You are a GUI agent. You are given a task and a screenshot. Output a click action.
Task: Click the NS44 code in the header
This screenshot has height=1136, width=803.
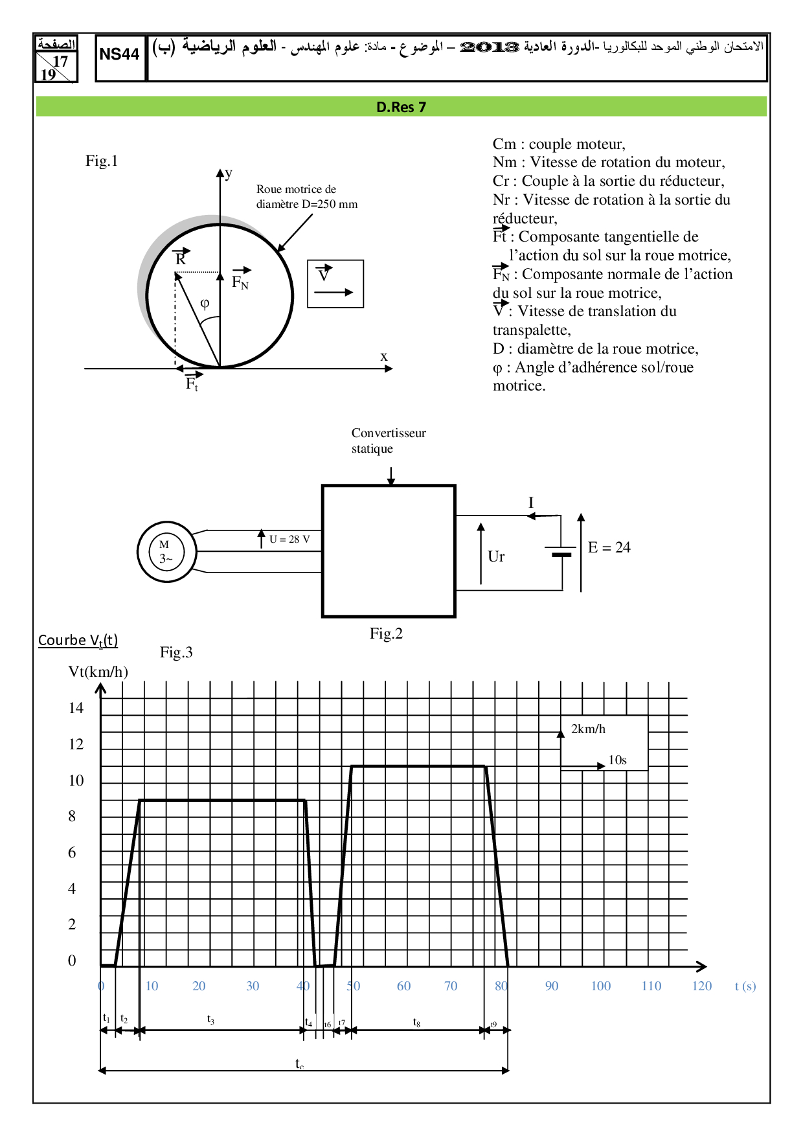click(119, 54)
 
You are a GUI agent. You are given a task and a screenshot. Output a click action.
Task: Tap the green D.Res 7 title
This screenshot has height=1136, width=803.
click(401, 107)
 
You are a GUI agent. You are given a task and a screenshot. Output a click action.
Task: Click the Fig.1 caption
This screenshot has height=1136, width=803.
click(102, 161)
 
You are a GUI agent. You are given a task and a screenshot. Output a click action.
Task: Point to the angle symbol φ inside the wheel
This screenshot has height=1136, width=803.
click(205, 303)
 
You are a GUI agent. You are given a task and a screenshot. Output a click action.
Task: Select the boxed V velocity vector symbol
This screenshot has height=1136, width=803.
click(324, 274)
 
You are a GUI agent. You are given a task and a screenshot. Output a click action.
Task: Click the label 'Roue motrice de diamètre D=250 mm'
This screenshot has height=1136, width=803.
click(306, 196)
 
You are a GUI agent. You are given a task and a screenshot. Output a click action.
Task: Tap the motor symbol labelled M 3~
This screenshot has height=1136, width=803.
click(166, 552)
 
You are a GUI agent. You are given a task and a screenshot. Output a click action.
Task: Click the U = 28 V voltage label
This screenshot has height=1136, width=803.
click(289, 539)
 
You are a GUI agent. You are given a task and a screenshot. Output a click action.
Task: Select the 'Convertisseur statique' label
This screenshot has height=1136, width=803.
click(388, 440)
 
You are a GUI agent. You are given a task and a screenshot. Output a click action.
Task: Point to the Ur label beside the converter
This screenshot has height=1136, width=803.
click(496, 556)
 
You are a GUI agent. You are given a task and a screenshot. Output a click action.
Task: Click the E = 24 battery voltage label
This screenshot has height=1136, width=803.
click(609, 547)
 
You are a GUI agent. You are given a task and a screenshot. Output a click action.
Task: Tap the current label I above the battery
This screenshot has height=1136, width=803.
click(531, 503)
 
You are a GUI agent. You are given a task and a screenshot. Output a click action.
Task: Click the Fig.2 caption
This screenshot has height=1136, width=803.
click(386, 633)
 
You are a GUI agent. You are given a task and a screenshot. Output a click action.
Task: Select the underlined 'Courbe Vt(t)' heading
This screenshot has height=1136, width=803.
click(78, 640)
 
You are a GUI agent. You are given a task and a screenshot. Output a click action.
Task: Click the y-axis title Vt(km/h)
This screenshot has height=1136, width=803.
click(98, 672)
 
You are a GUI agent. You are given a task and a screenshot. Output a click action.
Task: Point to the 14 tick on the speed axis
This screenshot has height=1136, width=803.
click(76, 708)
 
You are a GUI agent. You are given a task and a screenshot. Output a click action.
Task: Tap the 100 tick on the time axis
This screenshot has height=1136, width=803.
click(600, 986)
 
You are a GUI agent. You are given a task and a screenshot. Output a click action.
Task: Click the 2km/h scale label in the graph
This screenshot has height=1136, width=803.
click(588, 729)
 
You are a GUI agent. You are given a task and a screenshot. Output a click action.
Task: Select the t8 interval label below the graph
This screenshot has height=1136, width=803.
click(416, 1022)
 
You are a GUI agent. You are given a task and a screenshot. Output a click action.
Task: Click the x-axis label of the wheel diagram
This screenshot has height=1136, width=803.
click(384, 356)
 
